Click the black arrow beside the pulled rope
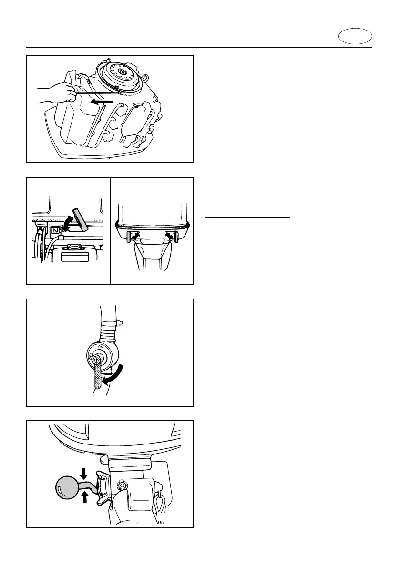(x=103, y=102)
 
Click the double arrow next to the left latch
(x=136, y=235)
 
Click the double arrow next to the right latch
(x=169, y=235)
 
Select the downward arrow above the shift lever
(x=84, y=473)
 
